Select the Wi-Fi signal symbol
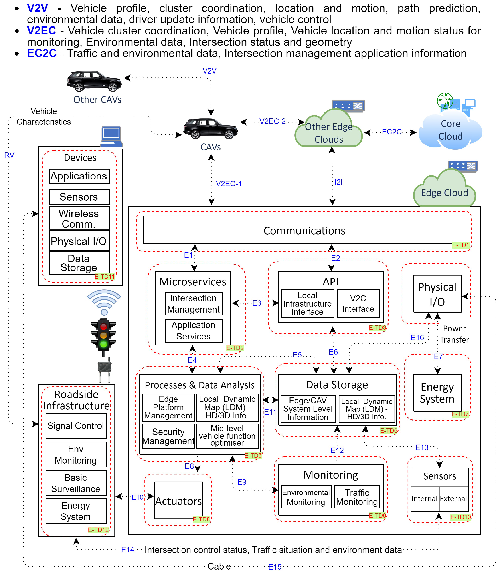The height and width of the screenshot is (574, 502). (x=104, y=302)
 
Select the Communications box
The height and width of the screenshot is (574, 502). (x=304, y=230)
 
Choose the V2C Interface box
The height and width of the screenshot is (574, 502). (x=358, y=303)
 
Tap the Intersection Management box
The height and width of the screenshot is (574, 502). (x=193, y=303)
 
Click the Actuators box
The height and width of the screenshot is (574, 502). (x=178, y=501)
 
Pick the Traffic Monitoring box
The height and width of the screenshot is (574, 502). (x=357, y=497)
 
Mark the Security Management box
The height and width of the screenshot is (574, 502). (x=168, y=436)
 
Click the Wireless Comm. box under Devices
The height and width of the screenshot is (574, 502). (x=79, y=218)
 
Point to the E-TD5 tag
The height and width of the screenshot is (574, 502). (x=253, y=455)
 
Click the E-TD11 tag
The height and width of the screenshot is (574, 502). (x=105, y=277)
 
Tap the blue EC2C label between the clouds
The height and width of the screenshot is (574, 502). (x=392, y=132)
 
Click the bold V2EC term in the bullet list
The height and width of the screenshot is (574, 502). (x=42, y=31)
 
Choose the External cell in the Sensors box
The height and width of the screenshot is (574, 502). (x=453, y=499)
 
